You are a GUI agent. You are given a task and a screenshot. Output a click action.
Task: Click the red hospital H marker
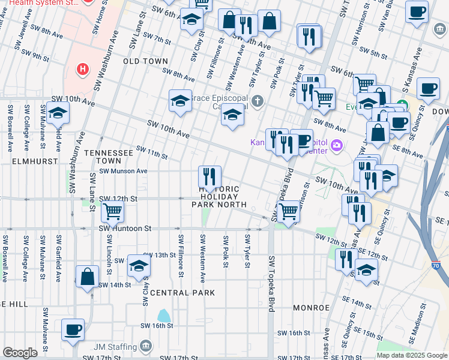pyautogui.click(x=82, y=70)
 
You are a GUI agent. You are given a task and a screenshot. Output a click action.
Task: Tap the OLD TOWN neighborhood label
pyautogui.click(x=146, y=61)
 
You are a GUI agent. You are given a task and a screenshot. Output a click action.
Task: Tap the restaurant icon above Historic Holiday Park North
pyautogui.click(x=210, y=176)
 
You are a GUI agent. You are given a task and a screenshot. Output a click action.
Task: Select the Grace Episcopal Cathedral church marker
pyautogui.click(x=258, y=100)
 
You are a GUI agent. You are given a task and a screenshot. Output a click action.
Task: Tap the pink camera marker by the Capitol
pyautogui.click(x=337, y=145)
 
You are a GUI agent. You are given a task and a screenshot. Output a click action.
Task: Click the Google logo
pyautogui.click(x=20, y=353)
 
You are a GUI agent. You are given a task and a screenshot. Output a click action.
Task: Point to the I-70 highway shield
pyautogui.click(x=436, y=265)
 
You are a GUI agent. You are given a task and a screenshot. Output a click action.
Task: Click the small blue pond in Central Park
pyautogui.click(x=163, y=315)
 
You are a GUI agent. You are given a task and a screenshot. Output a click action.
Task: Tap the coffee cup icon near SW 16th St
pyautogui.click(x=73, y=329)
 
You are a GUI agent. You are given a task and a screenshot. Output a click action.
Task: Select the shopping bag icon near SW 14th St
pyautogui.click(x=88, y=277)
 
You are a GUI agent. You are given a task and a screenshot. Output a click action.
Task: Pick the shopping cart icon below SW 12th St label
pyautogui.click(x=113, y=211)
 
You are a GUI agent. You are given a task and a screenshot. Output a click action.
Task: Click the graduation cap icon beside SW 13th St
pyautogui.click(x=139, y=265)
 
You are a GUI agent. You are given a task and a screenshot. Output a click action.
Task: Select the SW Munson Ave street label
pyautogui.click(x=123, y=171)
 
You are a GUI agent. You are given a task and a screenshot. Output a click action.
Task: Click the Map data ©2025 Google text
pyautogui.click(x=412, y=355)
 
